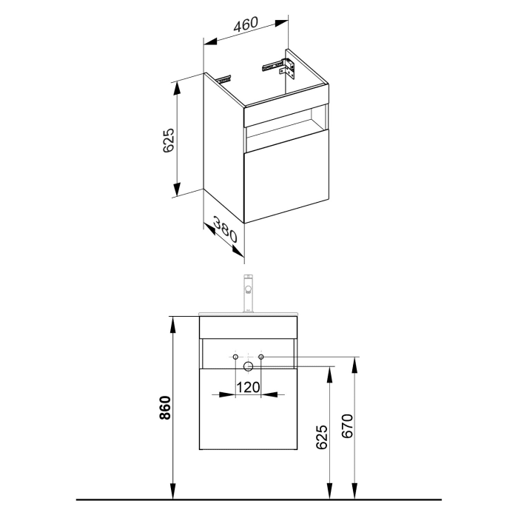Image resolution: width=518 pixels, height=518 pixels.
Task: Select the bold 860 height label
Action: click(x=166, y=409)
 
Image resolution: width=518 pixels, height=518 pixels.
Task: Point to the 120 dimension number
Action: click(x=247, y=386)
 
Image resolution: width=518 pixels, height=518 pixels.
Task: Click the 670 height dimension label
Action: click(x=349, y=427)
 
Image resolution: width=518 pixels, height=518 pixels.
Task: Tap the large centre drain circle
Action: click(x=249, y=366)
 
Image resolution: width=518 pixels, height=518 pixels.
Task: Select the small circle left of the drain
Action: click(x=235, y=359)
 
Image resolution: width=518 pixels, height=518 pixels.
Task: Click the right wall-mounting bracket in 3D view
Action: click(x=283, y=66)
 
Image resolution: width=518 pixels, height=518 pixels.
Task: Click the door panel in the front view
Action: click(x=248, y=411)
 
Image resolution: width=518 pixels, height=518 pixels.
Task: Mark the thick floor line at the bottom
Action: click(x=259, y=498)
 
